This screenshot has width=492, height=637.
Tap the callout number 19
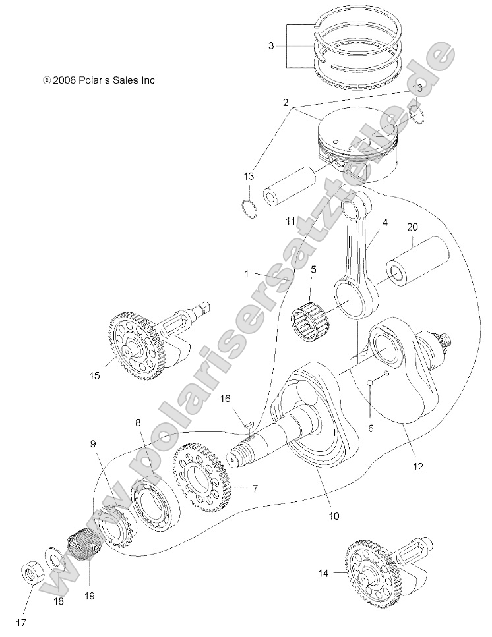click(89, 596)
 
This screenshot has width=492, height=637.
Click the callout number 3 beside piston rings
click(270, 46)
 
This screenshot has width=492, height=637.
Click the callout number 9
click(93, 444)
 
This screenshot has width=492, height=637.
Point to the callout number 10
click(334, 516)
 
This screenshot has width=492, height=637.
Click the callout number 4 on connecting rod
click(385, 223)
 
